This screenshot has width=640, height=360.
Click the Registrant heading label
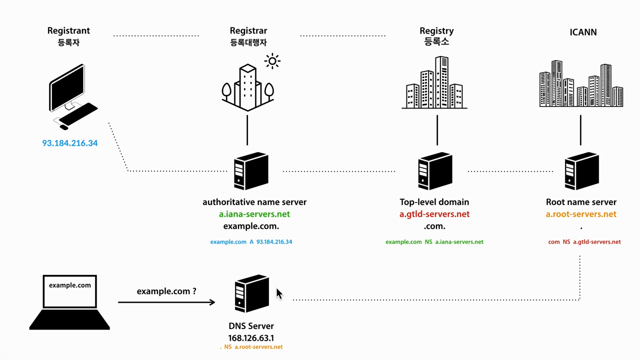click(68, 30)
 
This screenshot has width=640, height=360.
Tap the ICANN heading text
click(583, 32)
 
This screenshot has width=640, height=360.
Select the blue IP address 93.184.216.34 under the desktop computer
click(70, 143)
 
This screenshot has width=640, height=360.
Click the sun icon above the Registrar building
click(272, 61)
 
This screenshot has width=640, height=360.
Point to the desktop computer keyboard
click(78, 113)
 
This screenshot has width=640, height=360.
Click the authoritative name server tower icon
click(251, 171)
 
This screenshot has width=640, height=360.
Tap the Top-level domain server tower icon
click(435, 171)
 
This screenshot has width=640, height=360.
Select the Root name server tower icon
click(582, 171)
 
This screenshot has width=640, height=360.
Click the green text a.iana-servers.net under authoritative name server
click(254, 214)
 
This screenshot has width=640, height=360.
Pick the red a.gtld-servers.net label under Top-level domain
click(434, 214)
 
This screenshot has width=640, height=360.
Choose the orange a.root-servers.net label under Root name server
click(581, 214)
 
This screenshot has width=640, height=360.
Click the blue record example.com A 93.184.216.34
click(251, 241)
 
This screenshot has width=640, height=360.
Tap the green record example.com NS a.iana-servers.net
click(434, 241)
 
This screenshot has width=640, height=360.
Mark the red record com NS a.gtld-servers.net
click(584, 241)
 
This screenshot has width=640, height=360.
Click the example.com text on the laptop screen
click(70, 285)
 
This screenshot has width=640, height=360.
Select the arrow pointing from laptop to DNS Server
click(166, 302)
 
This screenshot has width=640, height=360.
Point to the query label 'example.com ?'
click(166, 291)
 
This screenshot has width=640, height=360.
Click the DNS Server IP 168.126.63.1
click(251, 338)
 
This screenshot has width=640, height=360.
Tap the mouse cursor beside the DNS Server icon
click(279, 293)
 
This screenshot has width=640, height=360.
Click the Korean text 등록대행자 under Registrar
click(248, 42)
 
